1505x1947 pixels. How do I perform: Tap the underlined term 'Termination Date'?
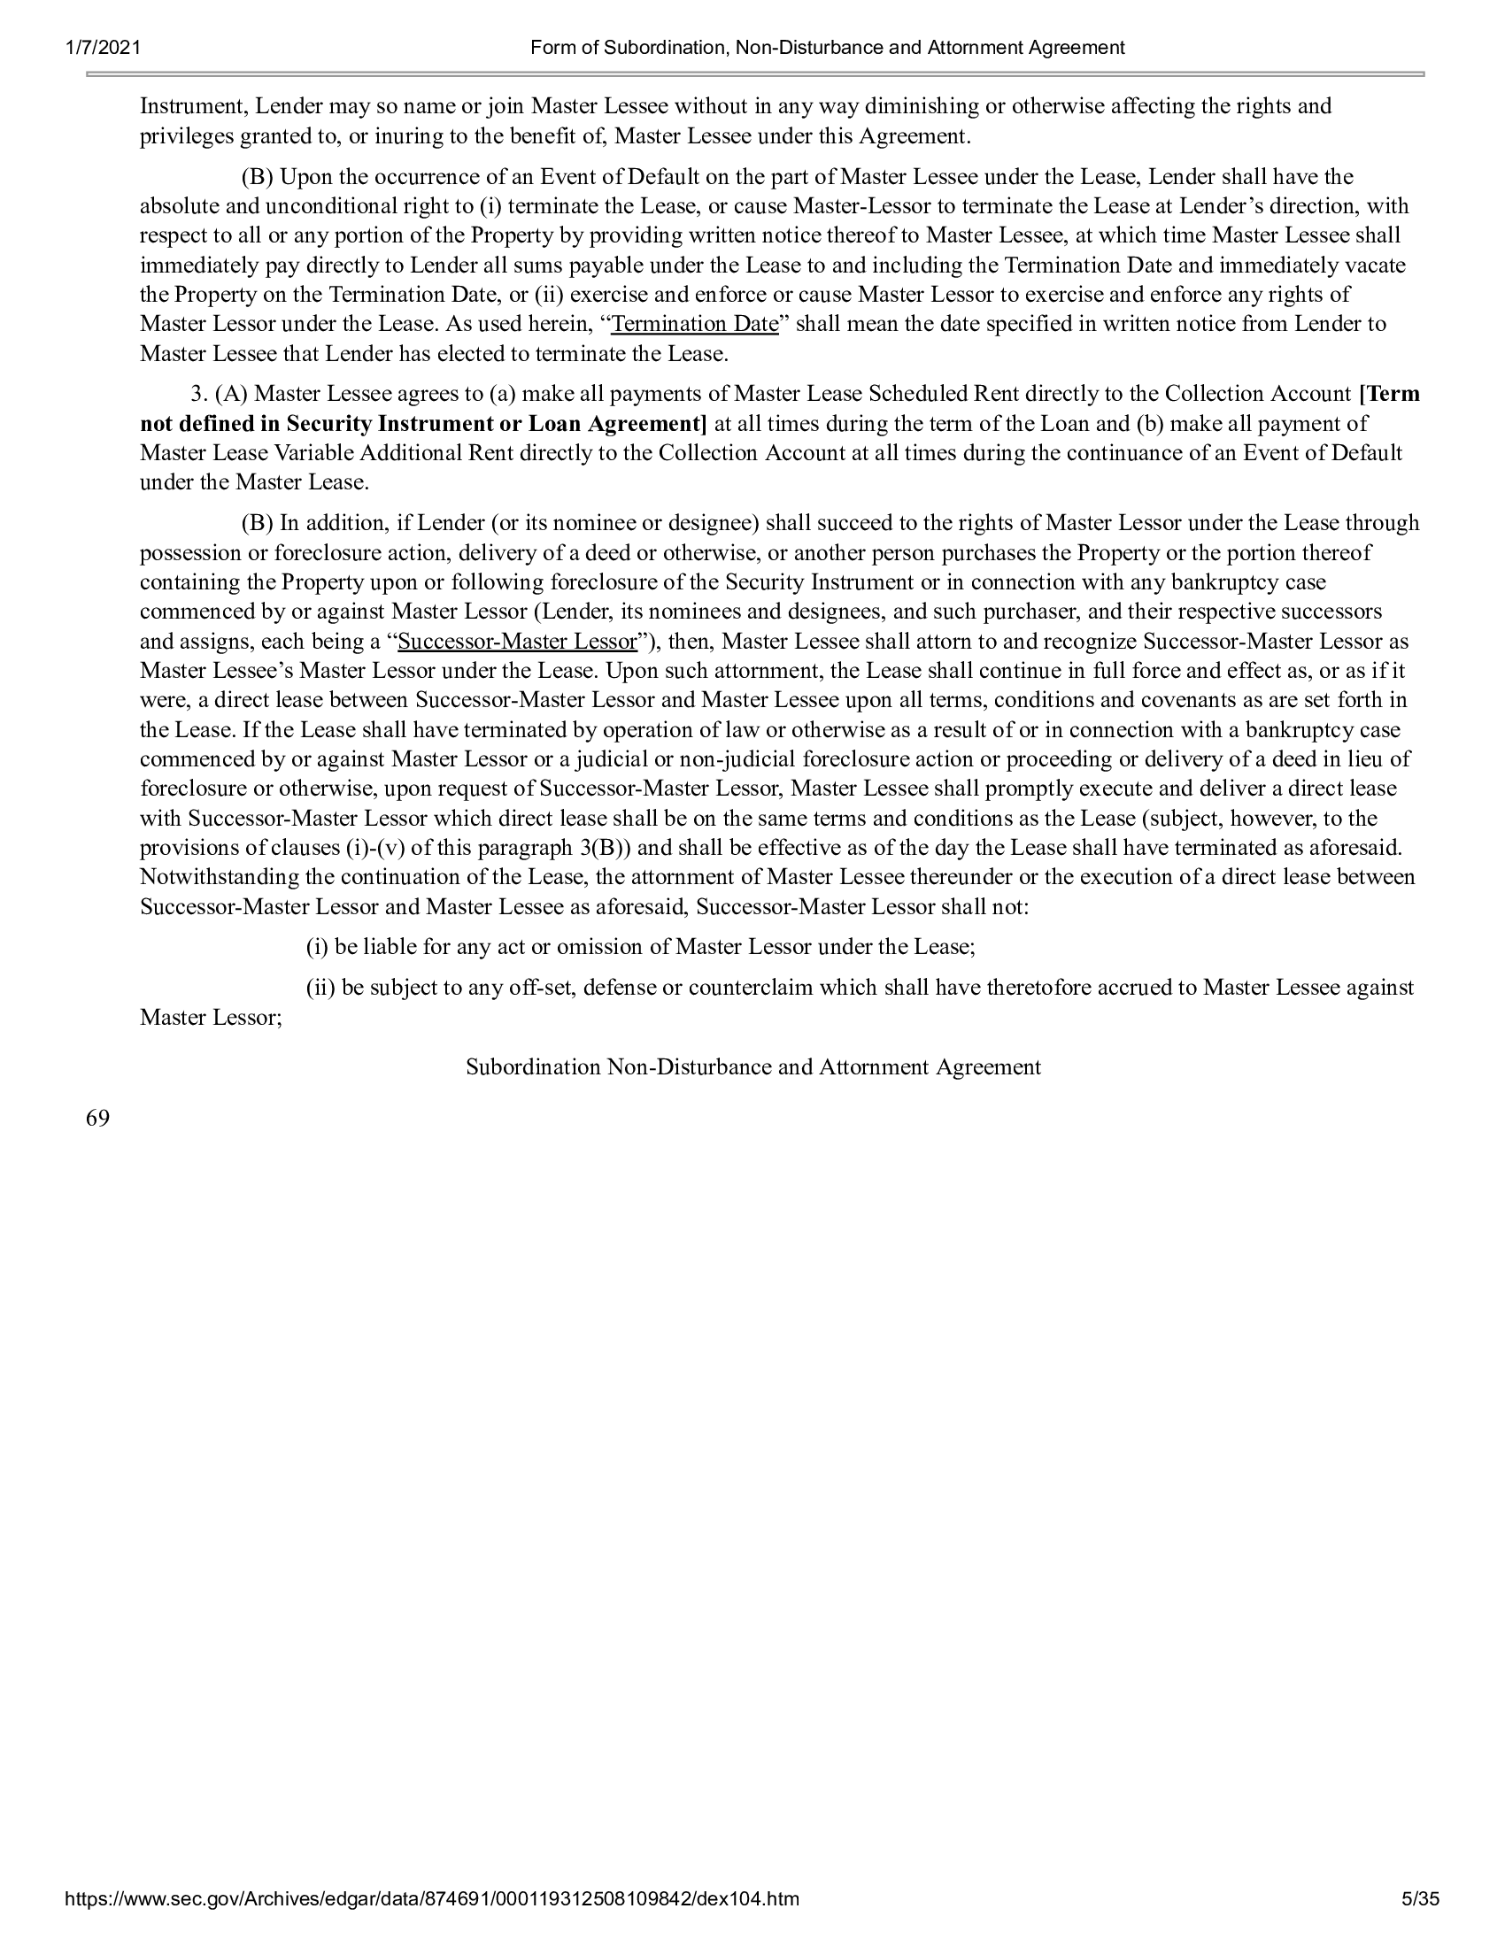pos(695,324)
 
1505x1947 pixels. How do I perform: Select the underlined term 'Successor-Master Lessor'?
pos(518,642)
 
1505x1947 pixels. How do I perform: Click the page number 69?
pos(98,1118)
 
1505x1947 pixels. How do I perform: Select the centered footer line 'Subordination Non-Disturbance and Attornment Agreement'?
pos(753,1067)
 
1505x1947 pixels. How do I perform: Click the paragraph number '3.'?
pos(199,394)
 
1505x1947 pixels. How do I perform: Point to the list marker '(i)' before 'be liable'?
pos(318,947)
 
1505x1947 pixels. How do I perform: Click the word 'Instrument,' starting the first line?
pos(194,106)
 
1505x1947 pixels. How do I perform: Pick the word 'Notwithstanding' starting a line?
pos(220,877)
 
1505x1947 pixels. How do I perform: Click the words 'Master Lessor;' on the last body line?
pos(212,1017)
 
